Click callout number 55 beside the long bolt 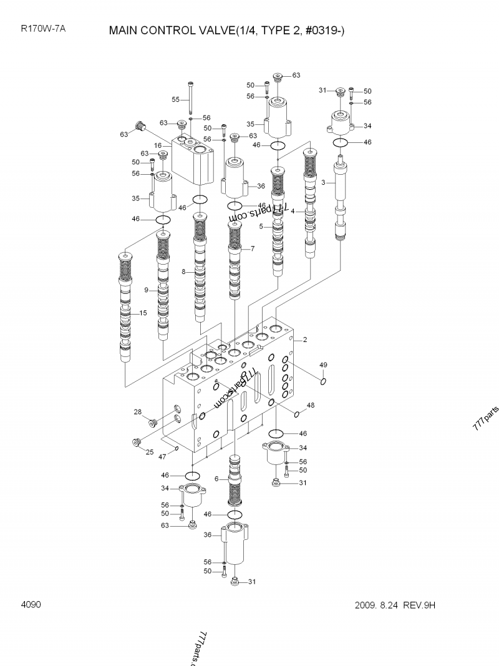(176, 99)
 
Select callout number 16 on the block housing (158, 145)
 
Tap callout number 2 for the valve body (305, 340)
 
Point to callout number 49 (323, 365)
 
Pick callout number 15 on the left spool (143, 313)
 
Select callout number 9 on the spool (146, 290)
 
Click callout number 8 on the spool (184, 271)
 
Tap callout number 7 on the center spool (253, 249)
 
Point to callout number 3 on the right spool (322, 182)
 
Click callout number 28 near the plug (137, 411)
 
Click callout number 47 (162, 457)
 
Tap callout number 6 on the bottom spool (216, 479)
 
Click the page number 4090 (31, 604)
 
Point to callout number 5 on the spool (261, 227)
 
